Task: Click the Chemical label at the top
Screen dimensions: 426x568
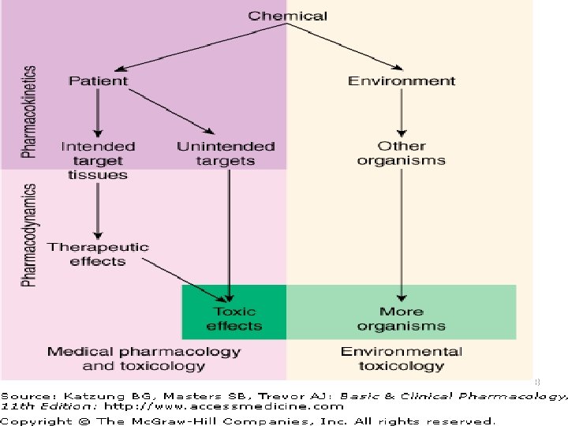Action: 288,16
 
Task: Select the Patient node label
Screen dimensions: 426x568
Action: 98,80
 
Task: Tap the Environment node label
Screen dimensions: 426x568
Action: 402,80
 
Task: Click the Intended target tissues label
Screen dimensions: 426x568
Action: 98,160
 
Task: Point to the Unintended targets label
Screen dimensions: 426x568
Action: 226,153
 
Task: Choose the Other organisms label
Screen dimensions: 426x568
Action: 401,153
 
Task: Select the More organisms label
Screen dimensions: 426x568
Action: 401,319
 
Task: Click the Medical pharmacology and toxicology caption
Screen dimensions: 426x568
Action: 144,359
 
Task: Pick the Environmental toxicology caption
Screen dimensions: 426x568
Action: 401,359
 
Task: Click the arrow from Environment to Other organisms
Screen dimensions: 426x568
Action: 401,114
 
